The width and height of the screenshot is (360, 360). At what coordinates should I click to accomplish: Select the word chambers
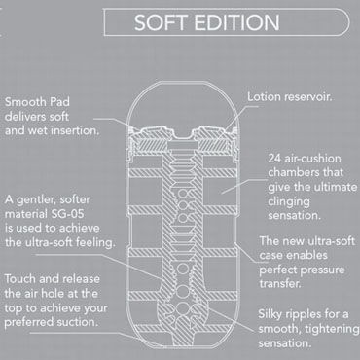tap(294, 170)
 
